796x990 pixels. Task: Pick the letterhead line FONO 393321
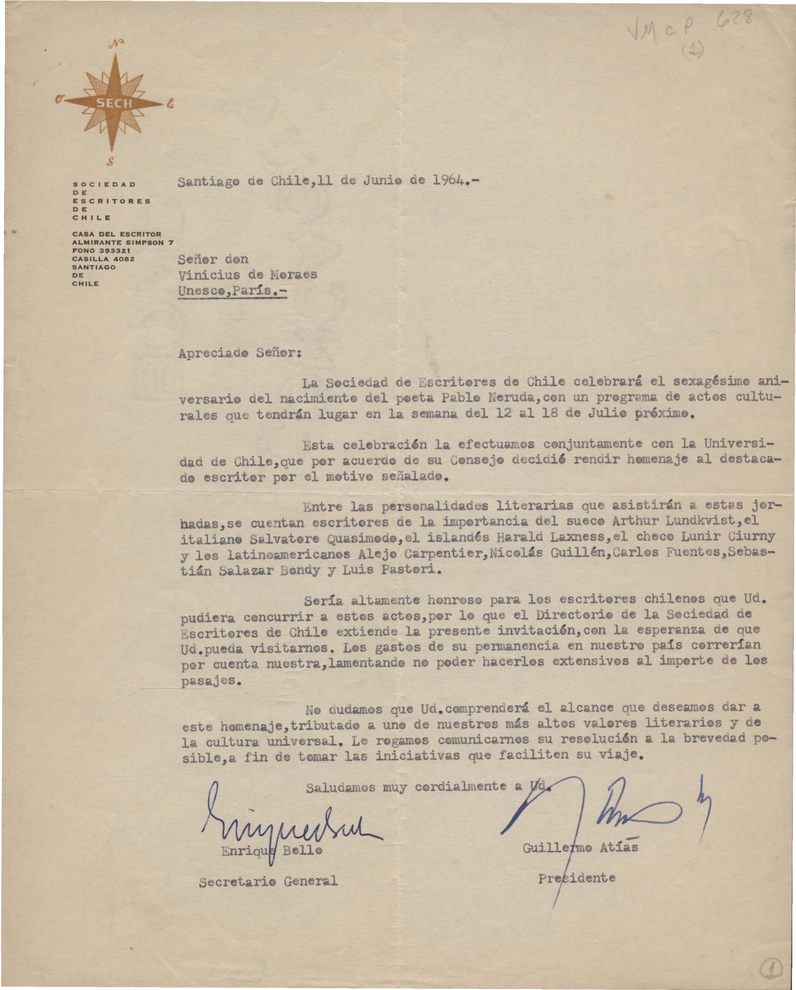[x=98, y=251]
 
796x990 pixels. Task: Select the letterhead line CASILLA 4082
[x=103, y=259]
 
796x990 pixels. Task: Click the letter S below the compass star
[x=111, y=161]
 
